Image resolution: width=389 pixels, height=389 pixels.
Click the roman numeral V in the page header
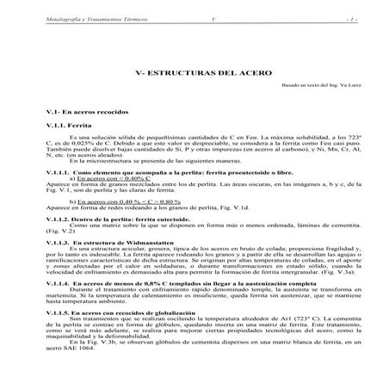pos(213,17)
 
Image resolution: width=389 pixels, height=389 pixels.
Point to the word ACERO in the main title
pos(254,73)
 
